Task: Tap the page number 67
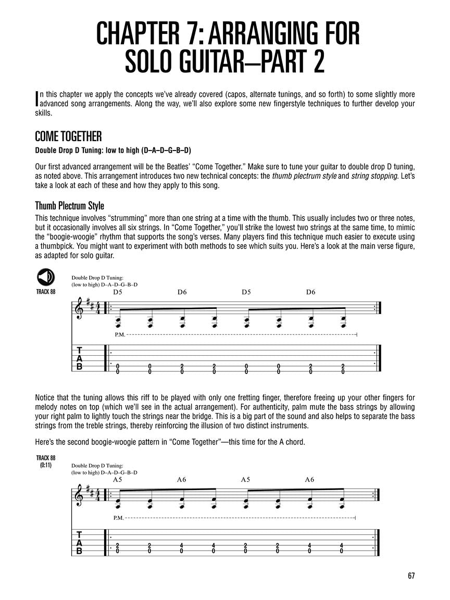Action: (x=411, y=576)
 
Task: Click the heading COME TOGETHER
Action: (x=68, y=136)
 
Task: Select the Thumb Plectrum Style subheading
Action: (x=69, y=206)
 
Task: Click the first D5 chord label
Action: (x=117, y=292)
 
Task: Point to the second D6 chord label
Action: (x=310, y=292)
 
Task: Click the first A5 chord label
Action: (x=117, y=480)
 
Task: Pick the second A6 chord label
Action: (x=309, y=480)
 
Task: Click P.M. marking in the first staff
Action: (x=120, y=334)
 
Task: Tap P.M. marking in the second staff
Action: (x=118, y=518)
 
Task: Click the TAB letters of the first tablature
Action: (x=79, y=359)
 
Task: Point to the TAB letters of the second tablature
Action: (x=79, y=543)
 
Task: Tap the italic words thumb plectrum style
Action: (x=304, y=176)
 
